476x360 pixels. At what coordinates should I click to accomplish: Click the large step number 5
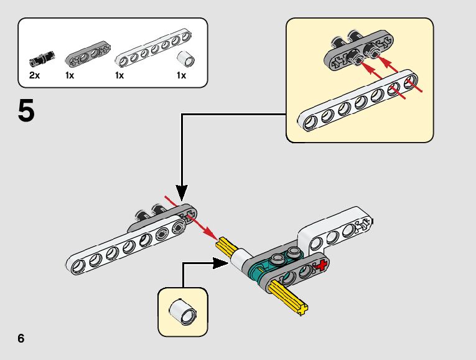point(27,112)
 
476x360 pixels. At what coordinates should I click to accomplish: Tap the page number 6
point(22,339)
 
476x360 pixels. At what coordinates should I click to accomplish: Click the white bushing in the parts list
point(185,59)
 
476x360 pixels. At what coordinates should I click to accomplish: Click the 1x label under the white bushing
point(181,75)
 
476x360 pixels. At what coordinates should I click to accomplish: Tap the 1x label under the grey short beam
point(69,75)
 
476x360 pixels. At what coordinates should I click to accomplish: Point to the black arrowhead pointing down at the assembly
point(182,189)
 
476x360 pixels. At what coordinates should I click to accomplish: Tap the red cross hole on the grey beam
point(321,266)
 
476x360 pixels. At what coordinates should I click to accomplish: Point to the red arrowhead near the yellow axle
point(212,235)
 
